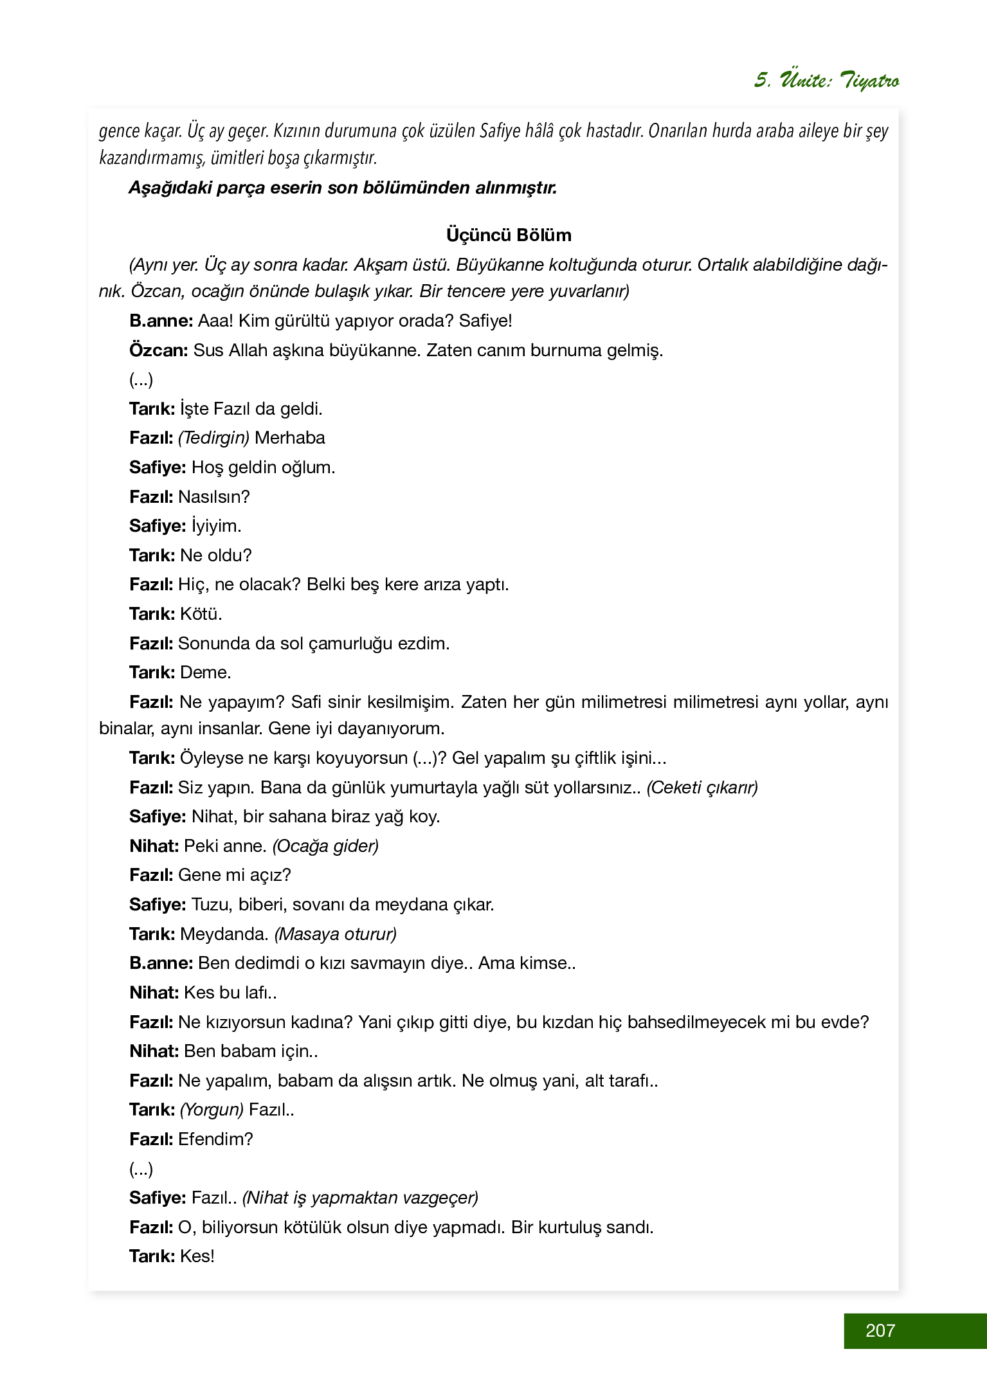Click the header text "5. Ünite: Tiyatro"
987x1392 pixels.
(826, 80)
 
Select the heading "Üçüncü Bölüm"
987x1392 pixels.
(509, 235)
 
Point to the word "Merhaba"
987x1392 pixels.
(289, 438)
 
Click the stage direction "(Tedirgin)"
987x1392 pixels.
(213, 438)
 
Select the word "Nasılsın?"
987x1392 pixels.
(213, 497)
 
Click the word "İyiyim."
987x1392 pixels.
(216, 526)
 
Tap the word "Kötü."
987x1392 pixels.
(201, 614)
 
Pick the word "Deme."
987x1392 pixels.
(205, 673)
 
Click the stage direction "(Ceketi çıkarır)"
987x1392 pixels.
(702, 787)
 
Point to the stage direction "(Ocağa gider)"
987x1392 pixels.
(325, 845)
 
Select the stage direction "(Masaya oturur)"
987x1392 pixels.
(335, 934)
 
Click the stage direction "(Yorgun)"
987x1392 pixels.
(212, 1110)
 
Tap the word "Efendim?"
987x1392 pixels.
(215, 1139)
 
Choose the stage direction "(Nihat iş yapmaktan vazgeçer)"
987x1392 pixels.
(361, 1198)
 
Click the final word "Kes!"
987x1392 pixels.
(197, 1256)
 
